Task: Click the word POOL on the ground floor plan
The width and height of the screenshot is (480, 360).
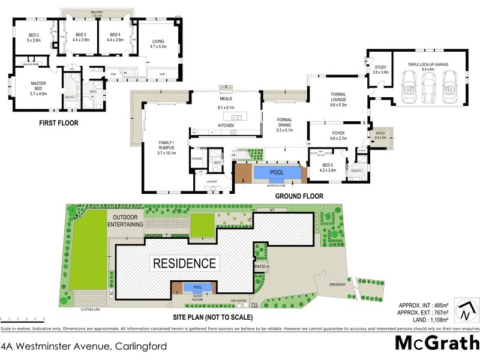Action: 277,173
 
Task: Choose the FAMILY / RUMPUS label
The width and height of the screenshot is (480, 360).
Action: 166,147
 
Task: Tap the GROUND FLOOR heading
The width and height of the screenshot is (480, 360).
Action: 299,196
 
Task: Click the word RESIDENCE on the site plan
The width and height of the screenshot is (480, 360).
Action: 184,263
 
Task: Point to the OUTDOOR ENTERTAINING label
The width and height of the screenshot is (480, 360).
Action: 125,220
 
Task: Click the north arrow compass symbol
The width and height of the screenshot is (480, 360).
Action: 466,311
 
